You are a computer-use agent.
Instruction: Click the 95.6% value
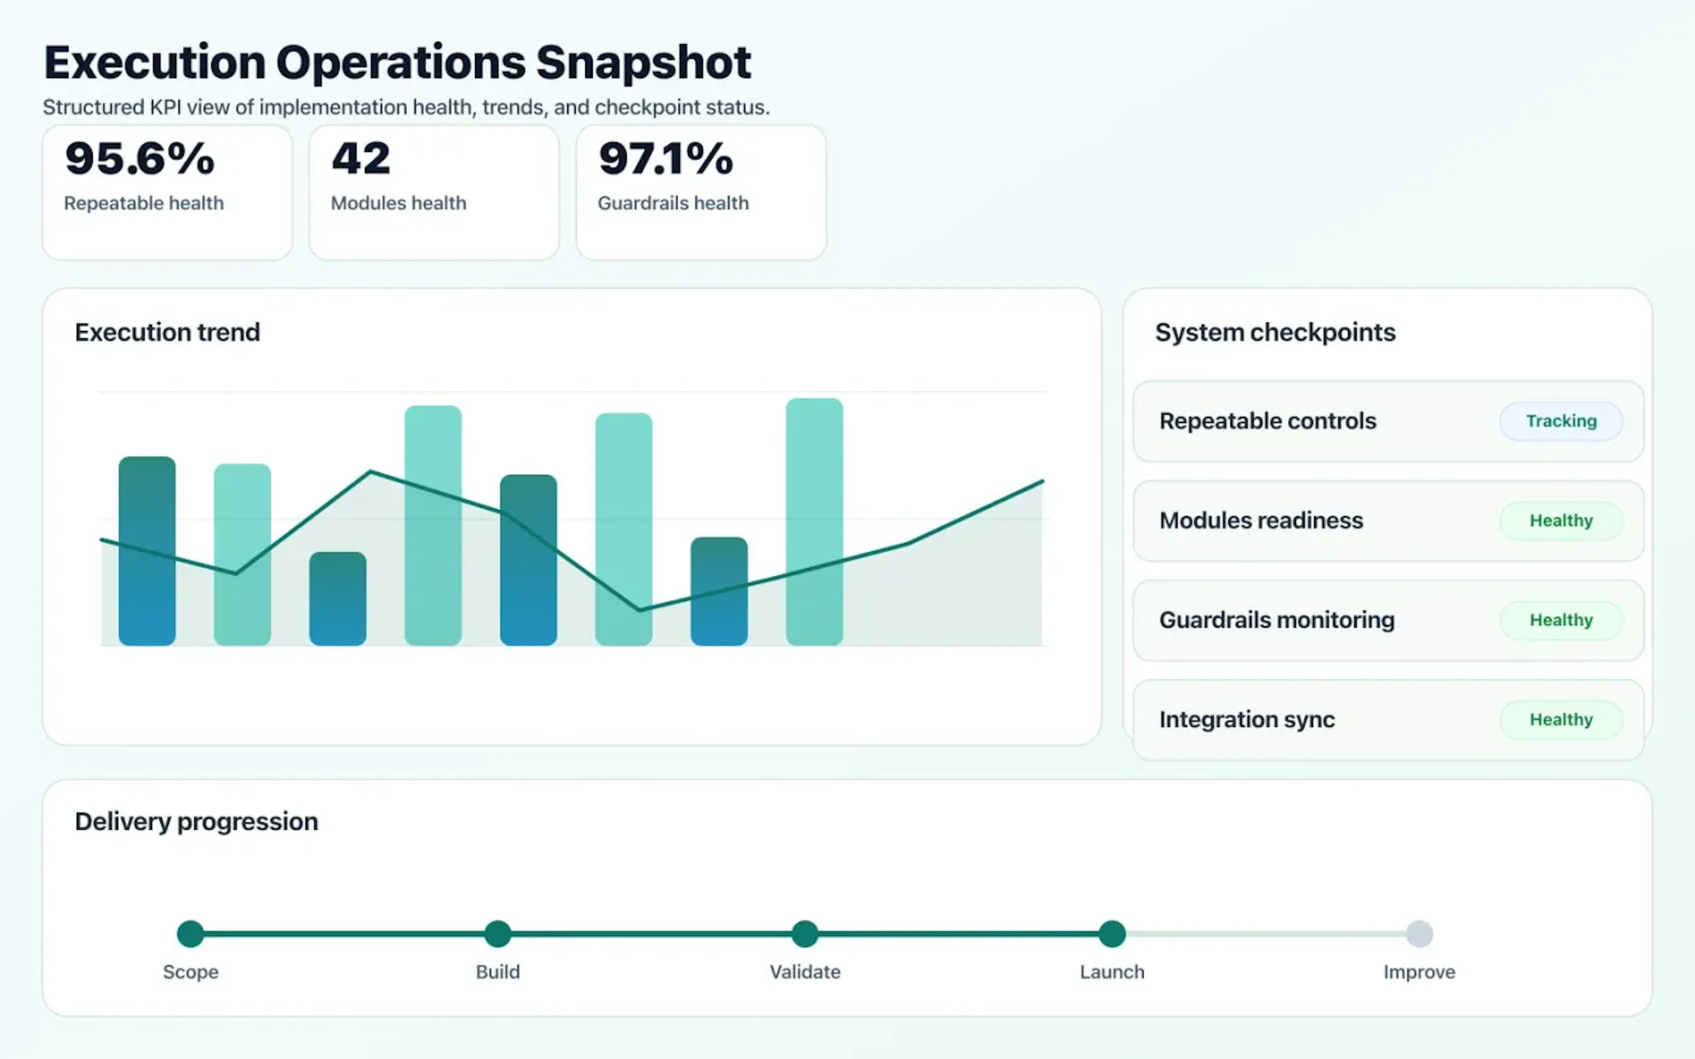click(139, 159)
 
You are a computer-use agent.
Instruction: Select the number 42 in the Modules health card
click(361, 159)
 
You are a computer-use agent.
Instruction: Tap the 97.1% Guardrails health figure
click(665, 159)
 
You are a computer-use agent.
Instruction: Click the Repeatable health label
click(143, 203)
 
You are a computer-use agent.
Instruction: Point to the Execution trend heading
click(167, 332)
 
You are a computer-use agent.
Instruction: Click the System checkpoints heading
click(1275, 332)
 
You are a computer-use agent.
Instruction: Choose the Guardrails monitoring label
click(1276, 620)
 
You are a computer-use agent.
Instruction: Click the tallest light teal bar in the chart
click(814, 522)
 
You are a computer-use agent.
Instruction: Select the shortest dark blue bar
click(338, 599)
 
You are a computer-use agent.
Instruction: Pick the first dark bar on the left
click(147, 551)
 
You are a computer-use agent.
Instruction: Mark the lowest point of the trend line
click(640, 610)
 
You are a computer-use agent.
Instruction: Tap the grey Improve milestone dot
click(1419, 934)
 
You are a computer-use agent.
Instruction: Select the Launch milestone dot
click(1111, 934)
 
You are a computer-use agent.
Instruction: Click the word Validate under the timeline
click(805, 972)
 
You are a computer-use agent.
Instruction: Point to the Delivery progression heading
click(196, 822)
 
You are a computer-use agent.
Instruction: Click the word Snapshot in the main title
click(643, 63)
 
